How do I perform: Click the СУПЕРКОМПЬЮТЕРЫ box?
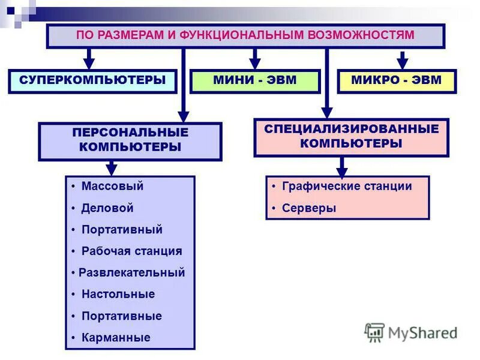92,80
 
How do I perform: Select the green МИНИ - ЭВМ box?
255,80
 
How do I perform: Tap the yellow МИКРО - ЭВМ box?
397,80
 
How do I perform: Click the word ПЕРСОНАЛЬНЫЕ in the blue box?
130,132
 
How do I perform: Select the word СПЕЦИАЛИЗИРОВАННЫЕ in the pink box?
351,128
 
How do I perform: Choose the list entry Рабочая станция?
131,251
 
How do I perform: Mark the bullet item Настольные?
118,294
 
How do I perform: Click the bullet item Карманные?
116,338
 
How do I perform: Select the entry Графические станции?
347,186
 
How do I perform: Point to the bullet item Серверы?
309,208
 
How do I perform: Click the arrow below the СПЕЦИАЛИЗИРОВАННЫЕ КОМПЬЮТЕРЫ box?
342,166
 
